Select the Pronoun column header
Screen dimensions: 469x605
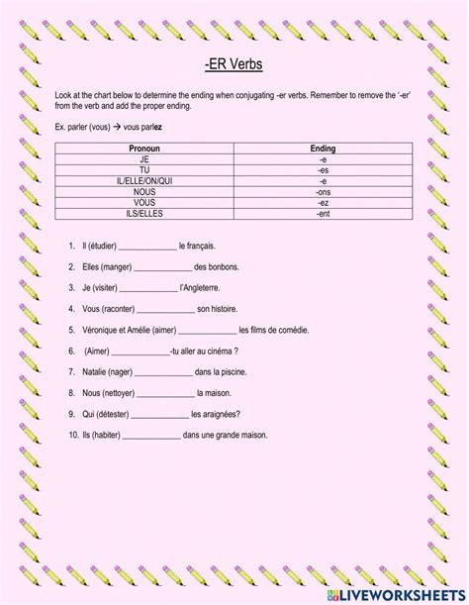pyautogui.click(x=144, y=148)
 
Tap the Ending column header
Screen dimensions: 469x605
pyautogui.click(x=323, y=148)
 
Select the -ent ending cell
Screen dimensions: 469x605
pyautogui.click(x=323, y=213)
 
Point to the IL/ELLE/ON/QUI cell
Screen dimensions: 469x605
pyautogui.click(x=144, y=180)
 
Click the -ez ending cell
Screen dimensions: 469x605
pyautogui.click(x=323, y=202)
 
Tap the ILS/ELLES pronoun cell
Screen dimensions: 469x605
pyautogui.click(x=144, y=213)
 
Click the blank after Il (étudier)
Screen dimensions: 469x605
pyautogui.click(x=145, y=246)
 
